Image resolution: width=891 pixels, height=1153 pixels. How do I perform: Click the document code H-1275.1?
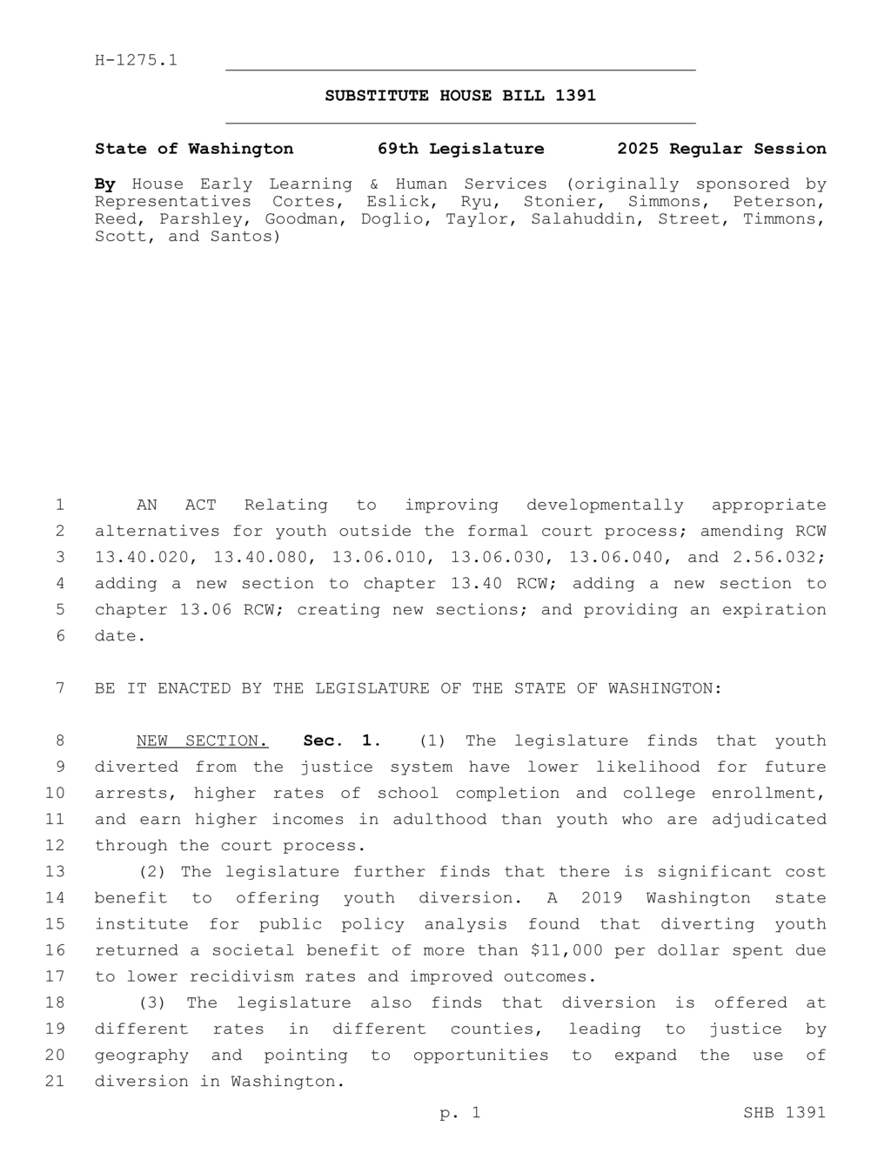click(136, 60)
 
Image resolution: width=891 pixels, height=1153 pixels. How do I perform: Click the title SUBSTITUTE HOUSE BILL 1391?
click(460, 96)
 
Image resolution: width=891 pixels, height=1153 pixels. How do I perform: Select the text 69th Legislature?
click(460, 149)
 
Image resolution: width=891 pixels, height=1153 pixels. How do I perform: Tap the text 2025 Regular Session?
click(721, 149)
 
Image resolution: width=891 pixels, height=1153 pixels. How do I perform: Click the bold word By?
click(104, 184)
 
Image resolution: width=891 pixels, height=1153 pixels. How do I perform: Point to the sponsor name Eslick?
click(394, 201)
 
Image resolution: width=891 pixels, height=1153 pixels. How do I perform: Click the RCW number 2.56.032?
click(780, 557)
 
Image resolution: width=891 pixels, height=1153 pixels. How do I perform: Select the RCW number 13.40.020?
click(146, 557)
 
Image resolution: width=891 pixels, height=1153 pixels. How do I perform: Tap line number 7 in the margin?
click(60, 688)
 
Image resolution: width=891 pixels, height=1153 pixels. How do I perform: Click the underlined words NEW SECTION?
click(202, 741)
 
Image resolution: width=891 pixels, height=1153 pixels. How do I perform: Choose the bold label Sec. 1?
click(342, 741)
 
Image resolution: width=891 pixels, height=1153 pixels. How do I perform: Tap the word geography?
click(141, 1055)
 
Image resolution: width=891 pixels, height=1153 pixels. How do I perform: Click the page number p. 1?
click(460, 1112)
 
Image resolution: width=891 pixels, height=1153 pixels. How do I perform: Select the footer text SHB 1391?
click(784, 1112)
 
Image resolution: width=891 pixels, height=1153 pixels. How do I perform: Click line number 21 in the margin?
click(56, 1081)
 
